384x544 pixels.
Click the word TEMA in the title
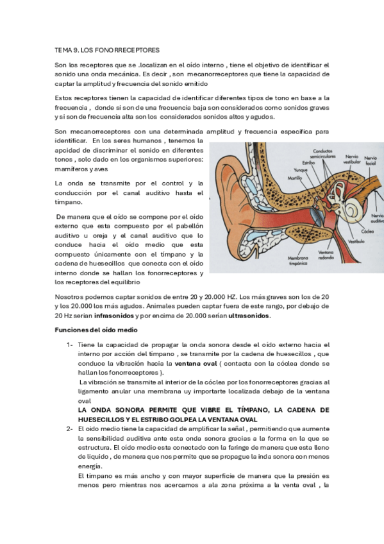(63, 49)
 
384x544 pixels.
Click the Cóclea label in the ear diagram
(368, 231)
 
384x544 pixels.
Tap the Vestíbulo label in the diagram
(356, 242)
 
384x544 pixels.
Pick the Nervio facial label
(371, 160)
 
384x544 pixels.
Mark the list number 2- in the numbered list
(70, 428)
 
